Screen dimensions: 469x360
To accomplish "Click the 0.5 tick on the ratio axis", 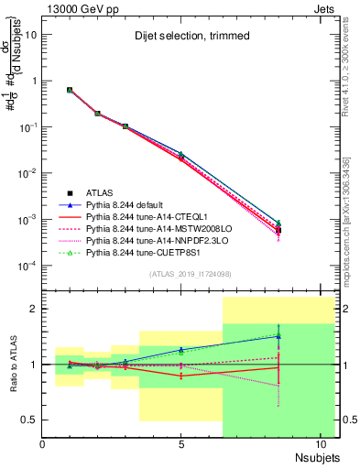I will [x=28, y=420].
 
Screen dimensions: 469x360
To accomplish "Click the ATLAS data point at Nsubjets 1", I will [x=71, y=90].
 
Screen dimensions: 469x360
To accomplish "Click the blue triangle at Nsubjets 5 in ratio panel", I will [x=181, y=350].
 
